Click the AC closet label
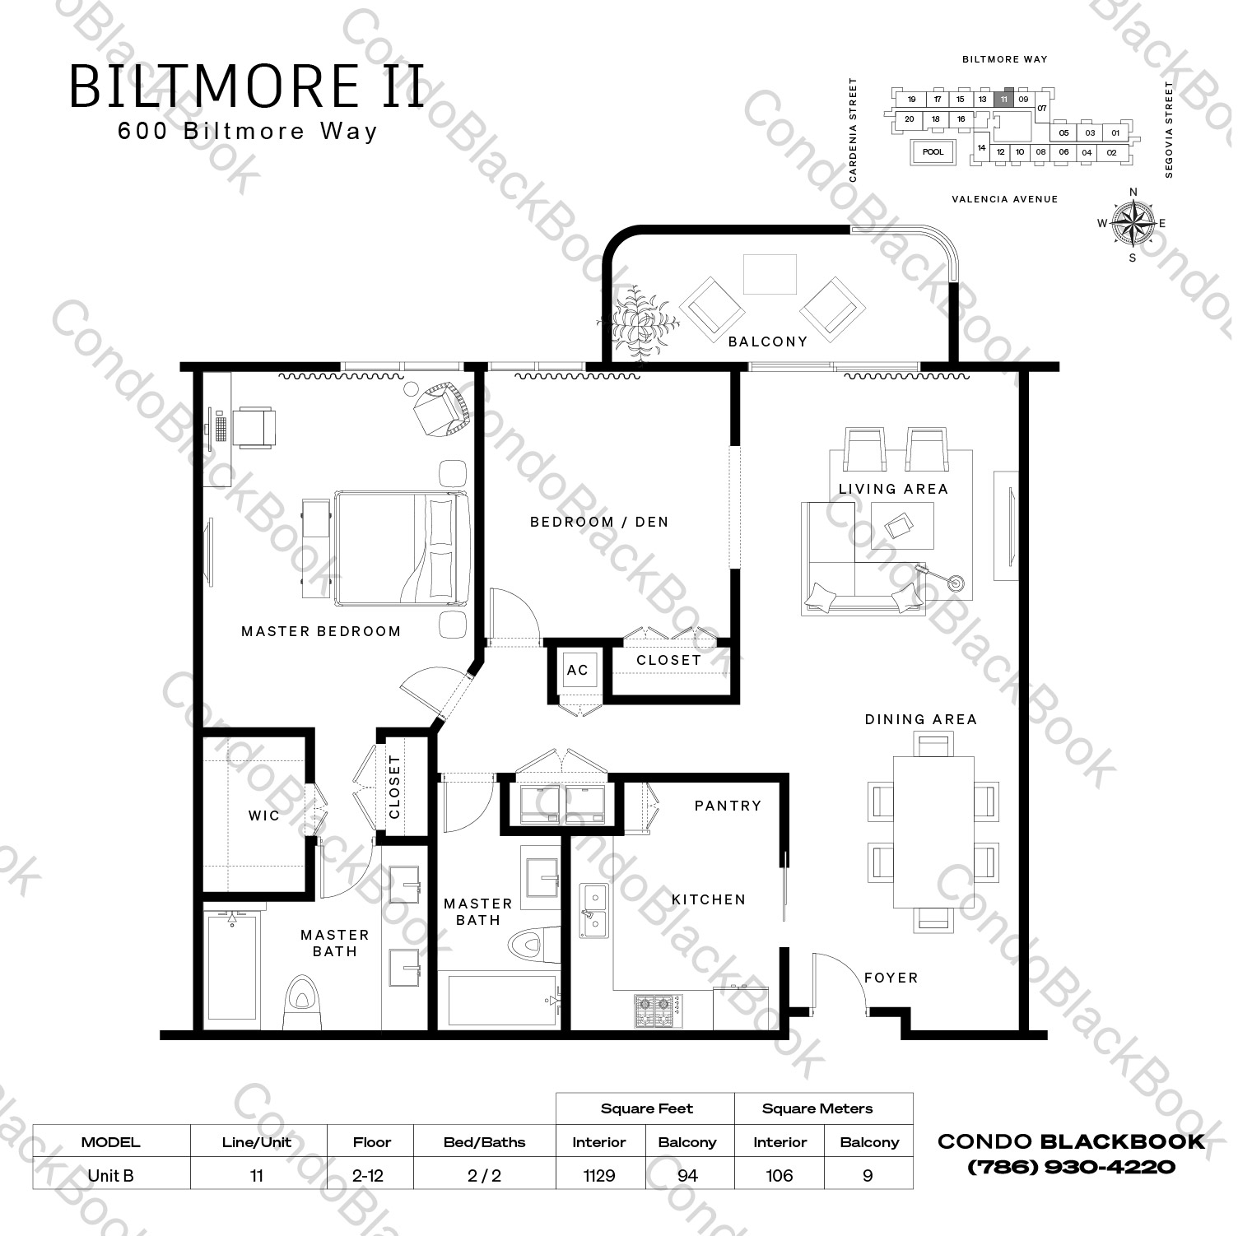pos(577,670)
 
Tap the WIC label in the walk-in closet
pos(263,815)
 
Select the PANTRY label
pos(728,806)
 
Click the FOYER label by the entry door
pos(891,978)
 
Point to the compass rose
pos(1133,224)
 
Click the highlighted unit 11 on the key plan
pos(1003,99)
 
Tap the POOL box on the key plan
pos(933,152)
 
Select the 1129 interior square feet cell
pos(598,1175)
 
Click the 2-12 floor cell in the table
pos(369,1175)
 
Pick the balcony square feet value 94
pos(686,1175)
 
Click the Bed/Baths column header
pos(484,1142)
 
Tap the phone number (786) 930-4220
pos(1071,1167)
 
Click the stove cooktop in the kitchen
pos(657,1011)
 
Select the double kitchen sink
pos(594,910)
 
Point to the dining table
pos(933,832)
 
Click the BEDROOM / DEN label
pos(598,522)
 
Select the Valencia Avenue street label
pos(1003,199)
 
